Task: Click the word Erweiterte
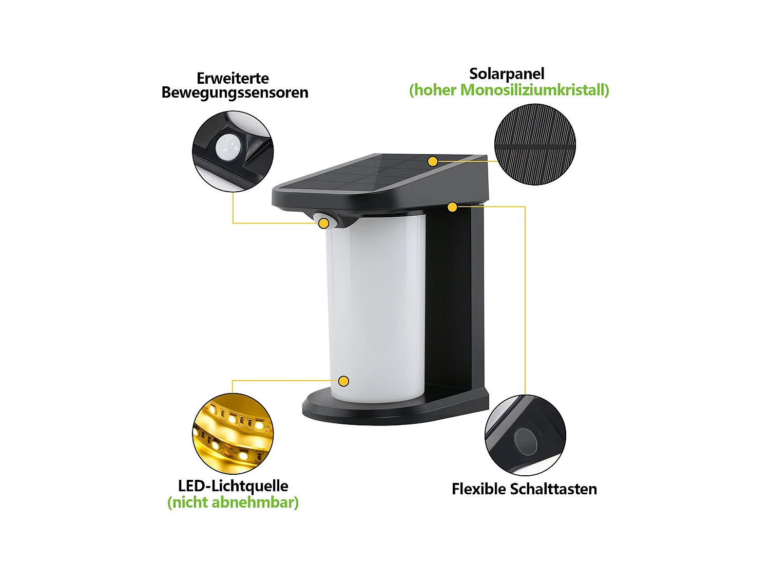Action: click(233, 78)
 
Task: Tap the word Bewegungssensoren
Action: click(235, 92)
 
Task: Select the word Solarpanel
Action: click(507, 73)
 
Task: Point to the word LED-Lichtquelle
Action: click(233, 486)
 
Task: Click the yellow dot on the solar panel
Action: click(433, 162)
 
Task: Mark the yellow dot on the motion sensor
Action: click(324, 223)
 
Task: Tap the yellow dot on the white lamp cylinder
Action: click(344, 381)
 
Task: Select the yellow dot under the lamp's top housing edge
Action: click(452, 207)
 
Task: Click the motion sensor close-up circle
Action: click(233, 152)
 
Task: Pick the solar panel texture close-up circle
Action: click(535, 144)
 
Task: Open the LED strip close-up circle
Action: click(233, 433)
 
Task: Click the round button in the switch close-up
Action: click(525, 440)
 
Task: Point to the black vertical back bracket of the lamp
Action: click(454, 298)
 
